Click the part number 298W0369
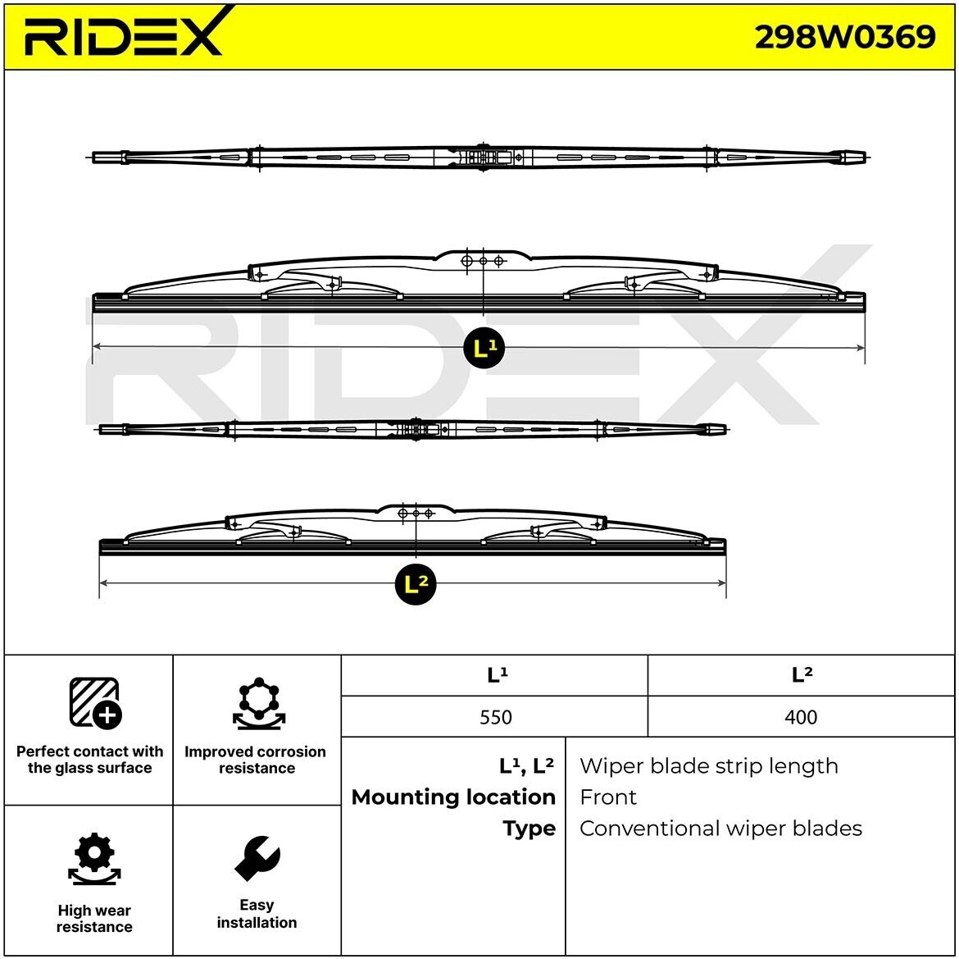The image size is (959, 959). (x=844, y=36)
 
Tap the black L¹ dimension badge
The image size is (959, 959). (x=484, y=349)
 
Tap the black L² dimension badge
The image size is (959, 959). (x=416, y=584)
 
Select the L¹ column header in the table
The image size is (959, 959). (x=496, y=675)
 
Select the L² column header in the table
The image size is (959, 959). (x=801, y=675)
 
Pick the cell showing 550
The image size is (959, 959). (x=495, y=717)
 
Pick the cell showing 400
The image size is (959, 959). (x=801, y=717)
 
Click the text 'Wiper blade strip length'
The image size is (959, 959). (x=708, y=766)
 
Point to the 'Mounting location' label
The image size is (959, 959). (x=453, y=797)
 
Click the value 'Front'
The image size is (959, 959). (x=607, y=797)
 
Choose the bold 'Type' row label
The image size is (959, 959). (x=529, y=829)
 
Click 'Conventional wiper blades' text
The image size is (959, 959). (x=720, y=829)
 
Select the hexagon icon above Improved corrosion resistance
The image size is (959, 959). (x=258, y=704)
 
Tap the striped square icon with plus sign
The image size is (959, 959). (x=94, y=703)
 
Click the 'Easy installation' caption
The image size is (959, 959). (x=257, y=914)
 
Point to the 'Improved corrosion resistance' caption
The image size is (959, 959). (x=256, y=760)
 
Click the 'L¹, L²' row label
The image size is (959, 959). (x=526, y=766)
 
